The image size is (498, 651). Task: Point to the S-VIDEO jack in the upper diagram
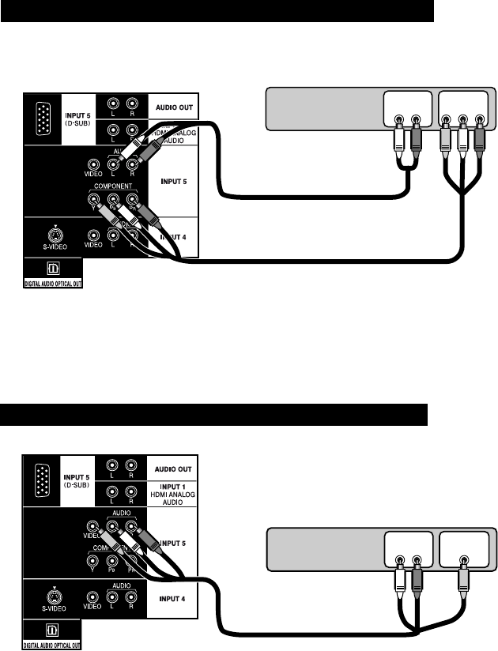55,234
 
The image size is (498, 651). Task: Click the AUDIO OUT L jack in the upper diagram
114,103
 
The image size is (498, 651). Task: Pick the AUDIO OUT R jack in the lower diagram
131,466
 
